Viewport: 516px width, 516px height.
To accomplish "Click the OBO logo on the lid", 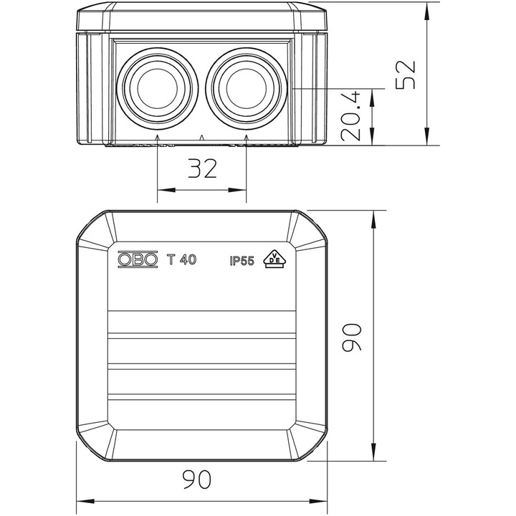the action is [138, 259].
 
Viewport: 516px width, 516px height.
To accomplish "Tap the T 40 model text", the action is [181, 259].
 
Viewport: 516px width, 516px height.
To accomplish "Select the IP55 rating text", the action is [242, 261].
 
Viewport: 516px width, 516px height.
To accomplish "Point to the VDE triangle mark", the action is [275, 259].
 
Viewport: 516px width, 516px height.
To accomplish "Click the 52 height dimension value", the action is [406, 75].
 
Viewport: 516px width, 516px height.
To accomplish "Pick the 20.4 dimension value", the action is [350, 117].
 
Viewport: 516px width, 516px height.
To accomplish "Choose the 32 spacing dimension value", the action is [202, 168].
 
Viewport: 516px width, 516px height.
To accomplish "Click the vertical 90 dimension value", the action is [351, 338].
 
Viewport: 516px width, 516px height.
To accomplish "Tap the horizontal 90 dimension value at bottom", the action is [196, 479].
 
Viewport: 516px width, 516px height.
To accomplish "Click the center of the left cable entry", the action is [157, 89].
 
